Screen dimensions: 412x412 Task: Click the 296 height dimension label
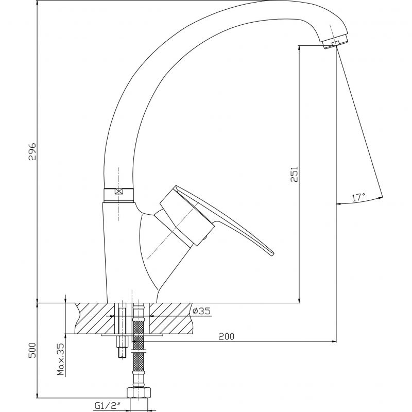point(32,151)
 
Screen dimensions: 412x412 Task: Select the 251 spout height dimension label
point(294,174)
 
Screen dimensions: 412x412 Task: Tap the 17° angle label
point(358,197)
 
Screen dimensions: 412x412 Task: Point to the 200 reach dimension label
point(226,336)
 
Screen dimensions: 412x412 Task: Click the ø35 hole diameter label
point(201,311)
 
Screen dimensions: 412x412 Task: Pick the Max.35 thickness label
point(61,359)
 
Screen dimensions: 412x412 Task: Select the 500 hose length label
point(32,350)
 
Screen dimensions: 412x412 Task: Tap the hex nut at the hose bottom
point(139,393)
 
